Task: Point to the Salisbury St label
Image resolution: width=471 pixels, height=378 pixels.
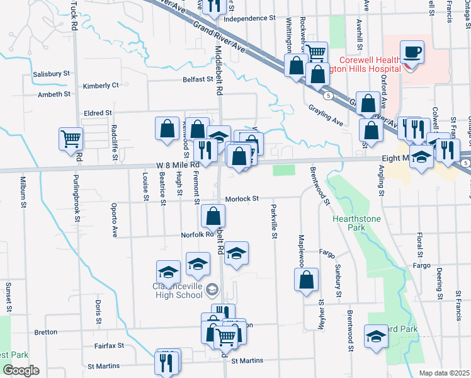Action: [x=51, y=74]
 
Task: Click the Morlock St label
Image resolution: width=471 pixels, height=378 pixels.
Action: [x=242, y=198]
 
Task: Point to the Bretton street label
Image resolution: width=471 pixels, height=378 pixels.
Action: [x=45, y=332]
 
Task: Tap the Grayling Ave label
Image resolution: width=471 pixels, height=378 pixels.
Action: [x=326, y=114]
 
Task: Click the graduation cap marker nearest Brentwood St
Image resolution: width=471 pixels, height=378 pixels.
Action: [x=376, y=335]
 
